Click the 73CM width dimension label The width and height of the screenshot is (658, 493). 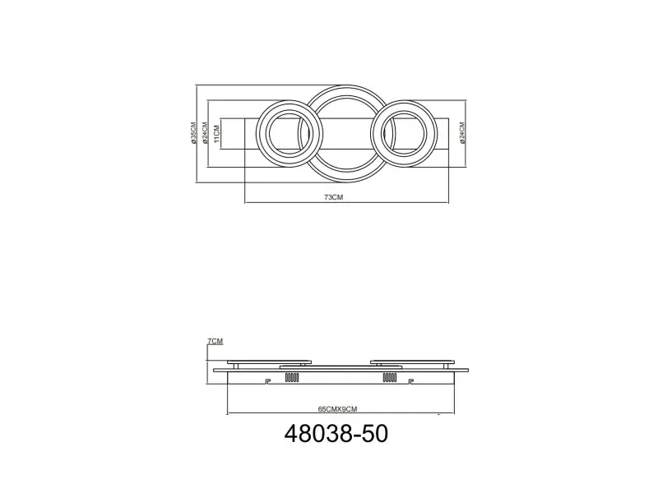[334, 197]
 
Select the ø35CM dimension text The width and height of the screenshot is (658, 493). [193, 133]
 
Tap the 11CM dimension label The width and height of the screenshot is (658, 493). [216, 133]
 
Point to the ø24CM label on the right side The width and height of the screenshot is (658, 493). [462, 133]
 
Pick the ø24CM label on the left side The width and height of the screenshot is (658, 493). [205, 133]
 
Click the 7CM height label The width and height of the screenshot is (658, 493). [215, 341]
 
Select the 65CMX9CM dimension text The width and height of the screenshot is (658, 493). [337, 409]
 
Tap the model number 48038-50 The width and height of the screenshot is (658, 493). [336, 434]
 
